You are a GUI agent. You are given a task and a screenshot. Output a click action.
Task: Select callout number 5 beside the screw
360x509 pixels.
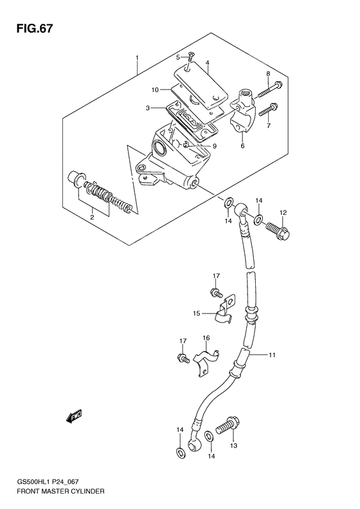click(x=178, y=58)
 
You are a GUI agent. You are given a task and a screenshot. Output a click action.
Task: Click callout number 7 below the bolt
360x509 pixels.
click(x=268, y=125)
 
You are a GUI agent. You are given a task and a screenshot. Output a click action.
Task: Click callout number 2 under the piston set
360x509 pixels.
click(x=92, y=217)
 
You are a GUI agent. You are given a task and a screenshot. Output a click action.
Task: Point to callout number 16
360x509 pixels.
click(x=207, y=338)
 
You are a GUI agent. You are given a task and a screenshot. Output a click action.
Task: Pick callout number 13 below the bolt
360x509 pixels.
click(x=233, y=445)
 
